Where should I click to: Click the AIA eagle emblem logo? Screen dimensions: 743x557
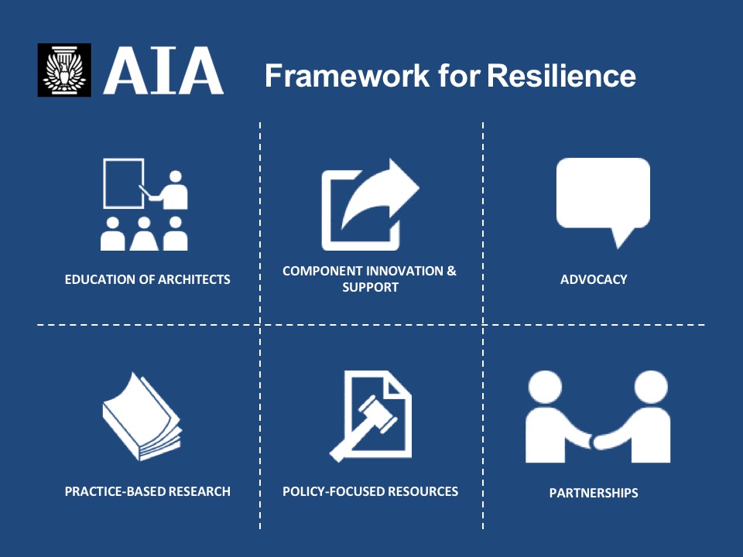[64, 70]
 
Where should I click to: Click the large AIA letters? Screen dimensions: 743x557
[163, 70]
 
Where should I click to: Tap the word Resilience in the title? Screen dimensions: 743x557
[562, 76]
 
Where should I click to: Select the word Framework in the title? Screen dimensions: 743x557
[348, 76]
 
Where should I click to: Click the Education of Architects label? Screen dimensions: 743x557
[147, 279]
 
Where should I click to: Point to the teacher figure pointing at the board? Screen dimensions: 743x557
[169, 190]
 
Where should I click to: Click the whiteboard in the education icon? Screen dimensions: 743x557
[124, 183]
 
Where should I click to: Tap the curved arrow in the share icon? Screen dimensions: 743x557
[380, 193]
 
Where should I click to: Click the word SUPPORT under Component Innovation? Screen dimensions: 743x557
[371, 287]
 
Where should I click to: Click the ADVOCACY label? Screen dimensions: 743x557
[594, 279]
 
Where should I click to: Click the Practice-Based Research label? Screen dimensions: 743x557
[147, 491]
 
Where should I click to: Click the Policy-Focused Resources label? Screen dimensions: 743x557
[371, 491]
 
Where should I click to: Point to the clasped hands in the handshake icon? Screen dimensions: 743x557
[594, 442]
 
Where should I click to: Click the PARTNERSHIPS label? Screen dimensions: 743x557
[594, 493]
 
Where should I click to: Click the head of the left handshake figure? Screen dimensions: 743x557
[546, 387]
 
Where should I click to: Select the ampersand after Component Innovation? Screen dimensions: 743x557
[451, 271]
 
